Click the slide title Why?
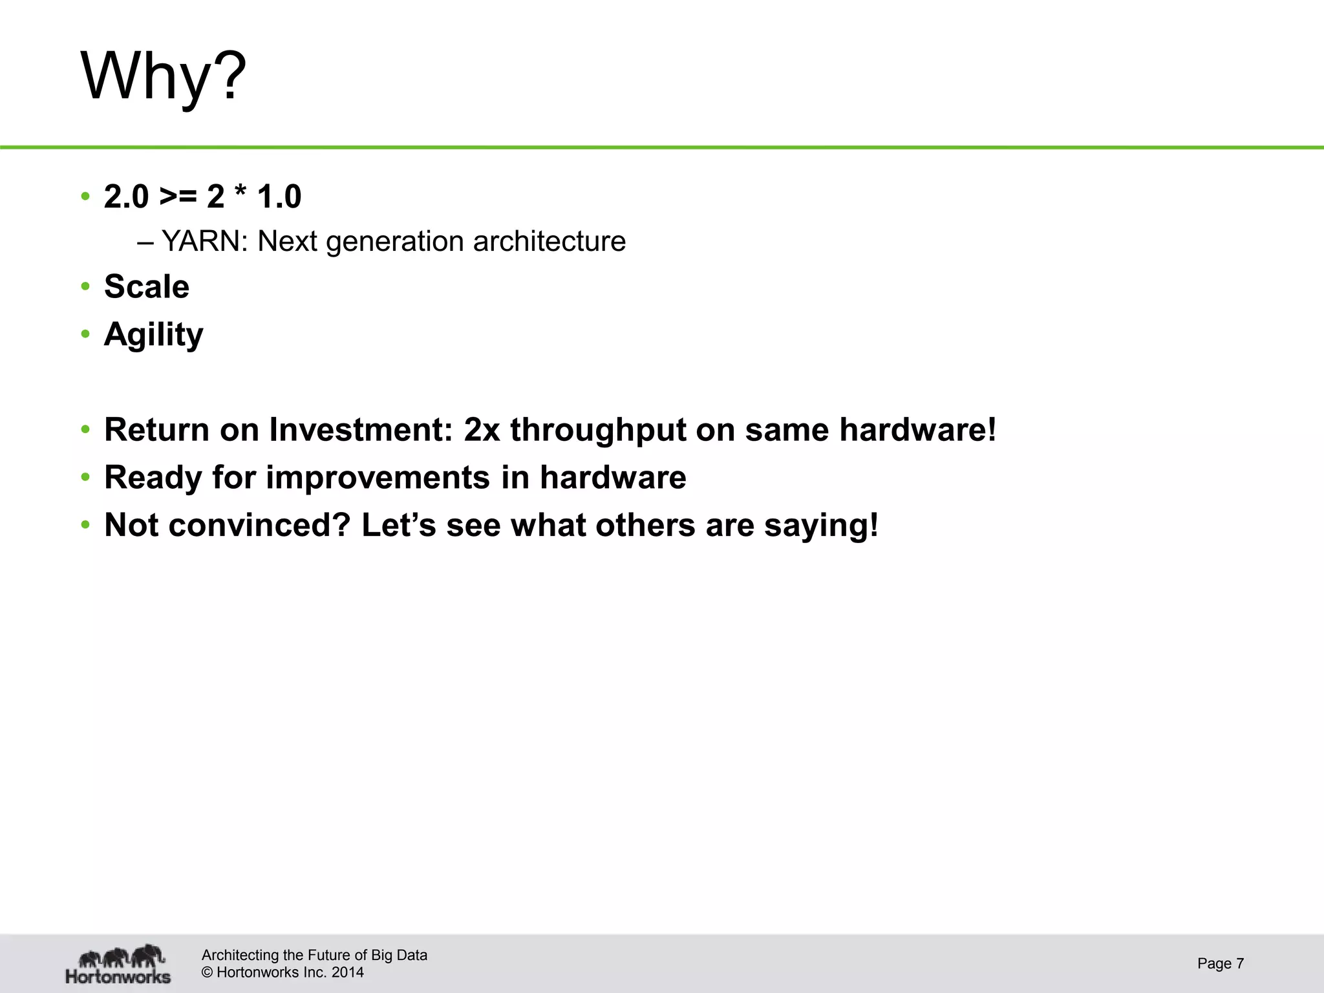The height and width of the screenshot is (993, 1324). point(163,76)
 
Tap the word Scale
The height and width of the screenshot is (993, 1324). point(147,286)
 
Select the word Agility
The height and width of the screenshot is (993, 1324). point(153,335)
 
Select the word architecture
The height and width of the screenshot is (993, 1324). point(550,242)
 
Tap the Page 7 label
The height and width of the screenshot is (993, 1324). point(1220,963)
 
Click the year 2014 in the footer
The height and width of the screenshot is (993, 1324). point(348,972)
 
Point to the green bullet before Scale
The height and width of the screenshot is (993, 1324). point(85,286)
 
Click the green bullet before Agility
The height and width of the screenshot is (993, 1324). point(85,334)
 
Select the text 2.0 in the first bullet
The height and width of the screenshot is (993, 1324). point(126,197)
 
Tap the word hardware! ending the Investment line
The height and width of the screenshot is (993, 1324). point(918,430)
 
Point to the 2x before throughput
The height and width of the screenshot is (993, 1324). point(482,430)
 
